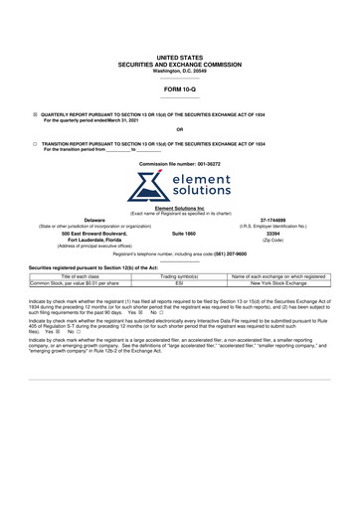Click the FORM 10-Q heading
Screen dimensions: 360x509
click(179, 89)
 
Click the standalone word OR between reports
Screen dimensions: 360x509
click(179, 129)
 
